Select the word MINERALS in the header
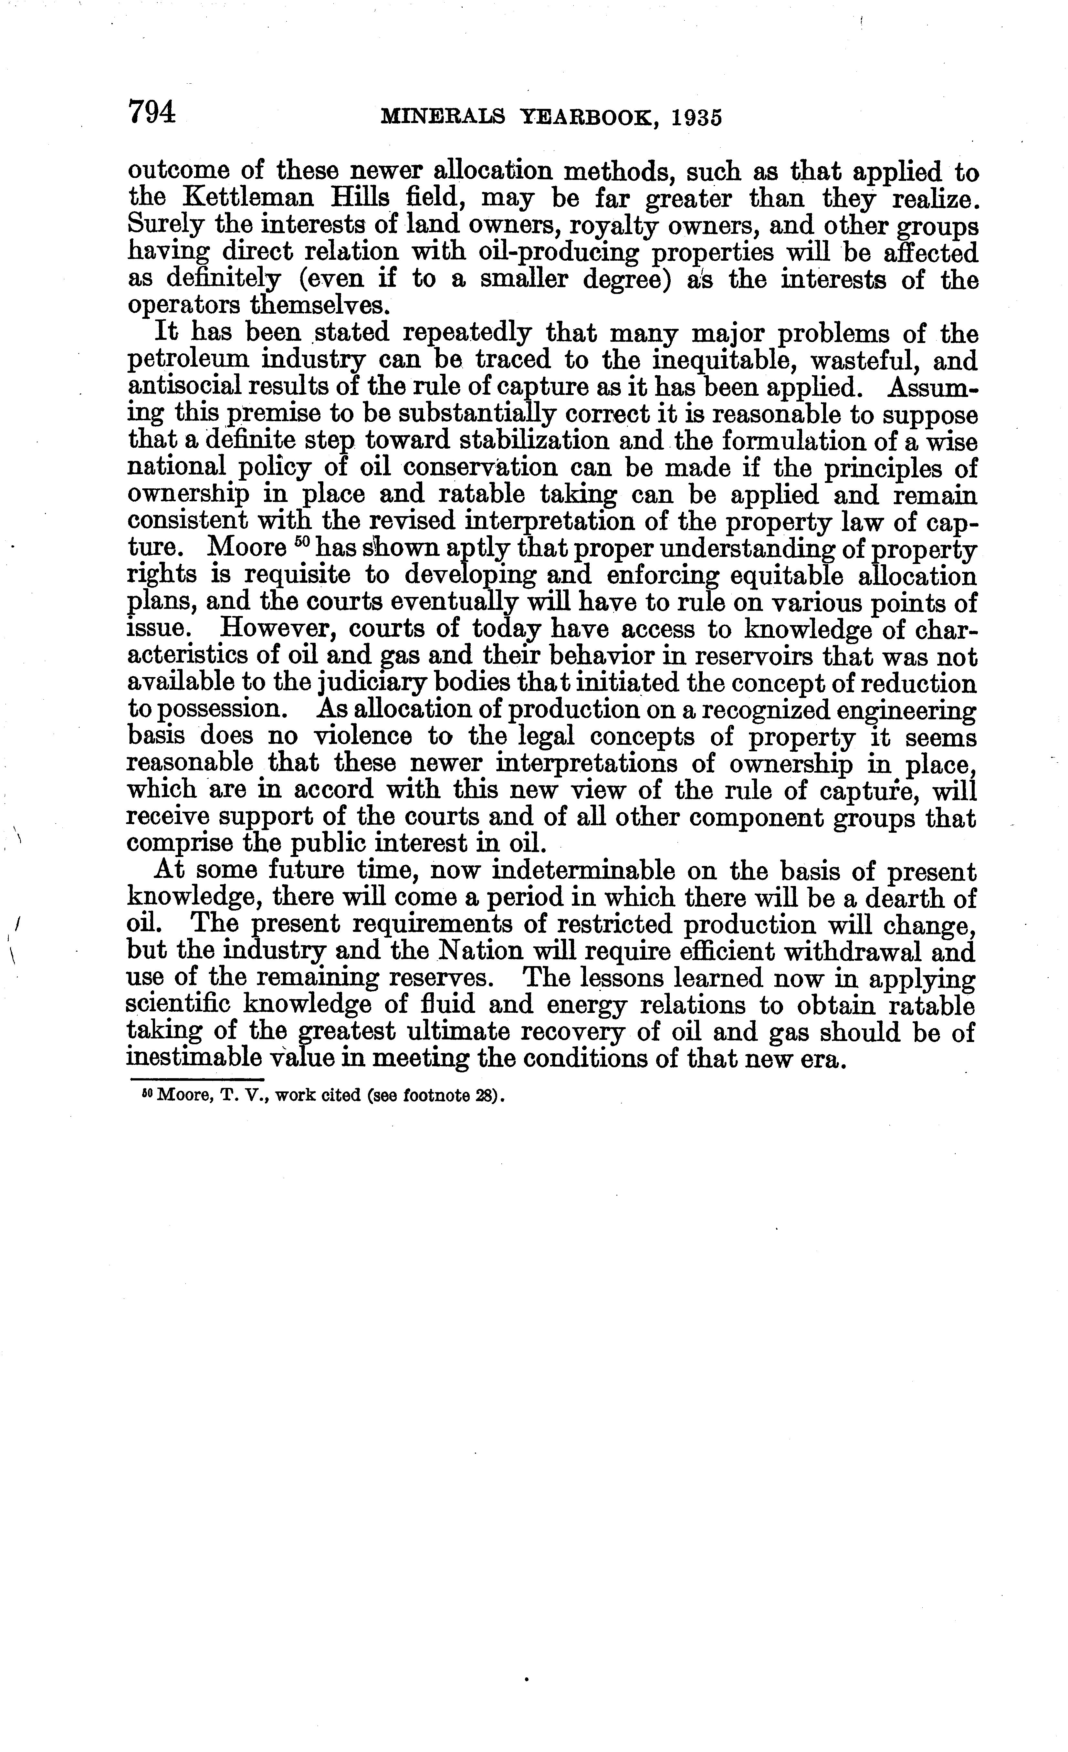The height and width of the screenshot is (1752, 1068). coord(442,117)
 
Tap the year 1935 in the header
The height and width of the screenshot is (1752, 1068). coord(695,117)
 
